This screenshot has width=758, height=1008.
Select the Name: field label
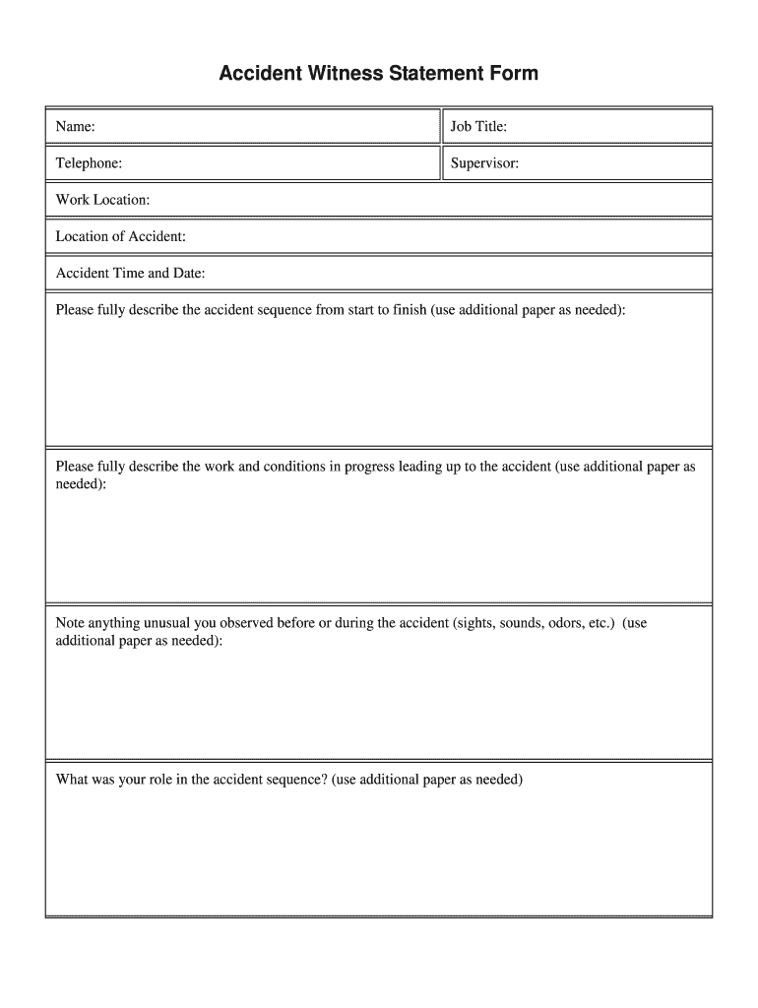pos(75,127)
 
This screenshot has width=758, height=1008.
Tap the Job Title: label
pos(478,127)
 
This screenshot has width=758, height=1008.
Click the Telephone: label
pos(89,163)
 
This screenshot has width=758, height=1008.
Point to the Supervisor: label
pos(484,163)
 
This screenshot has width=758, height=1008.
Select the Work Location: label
pos(102,200)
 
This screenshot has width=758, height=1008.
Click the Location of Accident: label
pos(120,236)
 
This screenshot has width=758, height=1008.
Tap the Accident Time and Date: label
pos(130,273)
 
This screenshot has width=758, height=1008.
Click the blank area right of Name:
pos(266,127)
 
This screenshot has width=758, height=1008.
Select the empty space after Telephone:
pos(281,163)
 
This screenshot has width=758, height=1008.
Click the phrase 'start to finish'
pos(381,310)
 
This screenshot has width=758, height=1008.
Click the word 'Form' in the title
pos(514,74)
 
